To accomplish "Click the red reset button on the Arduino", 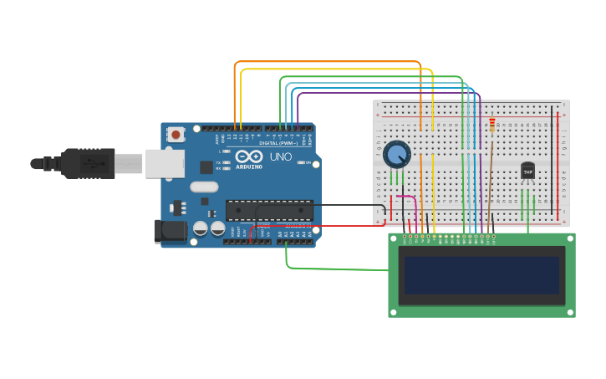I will coord(176,134).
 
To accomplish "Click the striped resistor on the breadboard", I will coord(491,125).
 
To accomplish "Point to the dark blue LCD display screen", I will coord(481,275).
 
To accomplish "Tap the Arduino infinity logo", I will coord(248,156).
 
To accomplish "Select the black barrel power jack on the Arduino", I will coord(170,231).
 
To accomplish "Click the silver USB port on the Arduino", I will coord(164,163).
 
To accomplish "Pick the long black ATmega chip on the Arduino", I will coord(269,210).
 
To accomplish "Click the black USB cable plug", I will coord(88,163).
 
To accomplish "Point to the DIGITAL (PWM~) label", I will coord(278,143).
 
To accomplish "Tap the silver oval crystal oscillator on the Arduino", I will coord(202,187).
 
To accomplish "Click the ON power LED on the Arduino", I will coord(298,162).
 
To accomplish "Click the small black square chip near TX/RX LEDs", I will coord(206,167).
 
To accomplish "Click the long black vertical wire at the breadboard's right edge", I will coord(551,159).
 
